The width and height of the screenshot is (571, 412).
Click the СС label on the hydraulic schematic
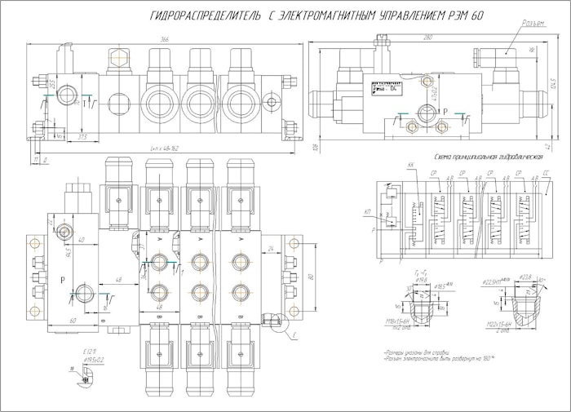(545, 174)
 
